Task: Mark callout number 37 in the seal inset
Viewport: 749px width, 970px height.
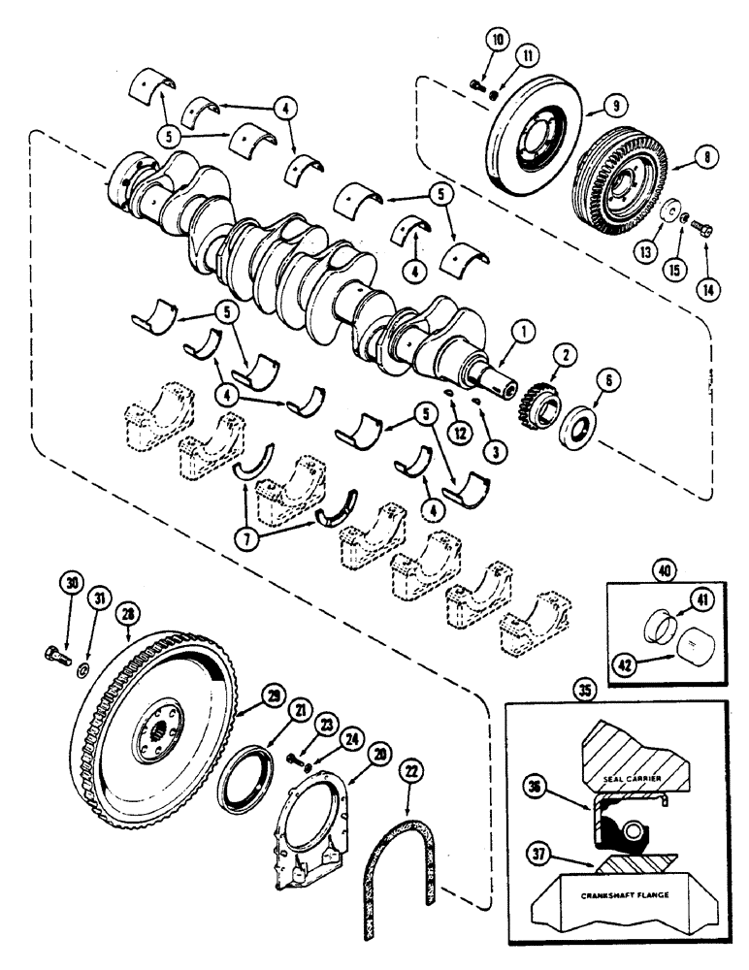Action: tap(536, 854)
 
